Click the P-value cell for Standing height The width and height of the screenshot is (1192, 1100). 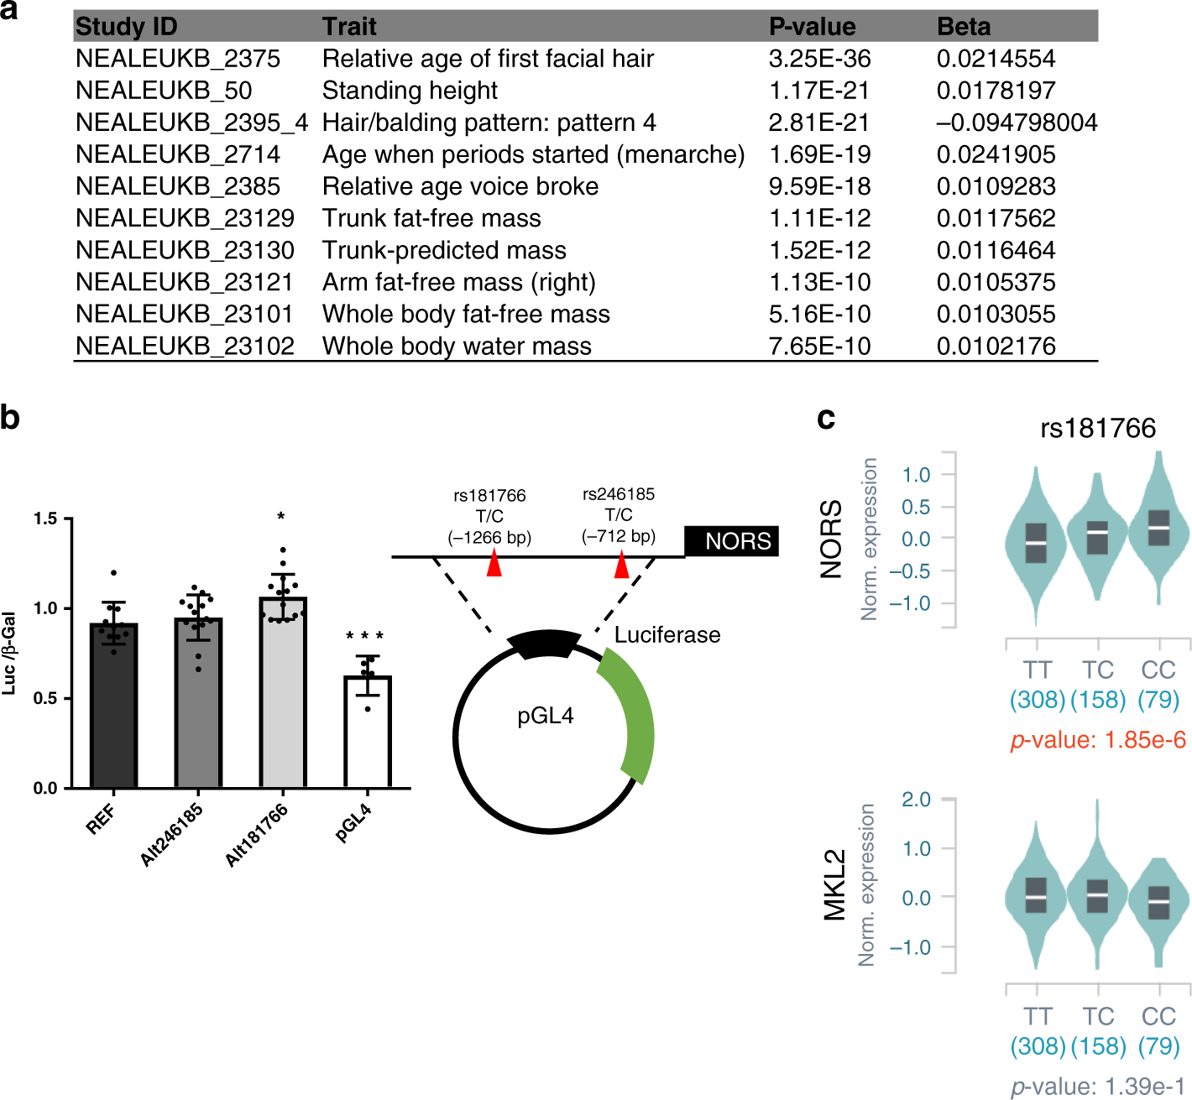point(818,91)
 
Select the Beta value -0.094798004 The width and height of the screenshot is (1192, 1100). point(1017,123)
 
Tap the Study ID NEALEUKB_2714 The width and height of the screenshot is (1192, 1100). point(178,154)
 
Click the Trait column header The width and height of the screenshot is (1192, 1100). point(349,27)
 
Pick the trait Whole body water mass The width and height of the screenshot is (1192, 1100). point(457,346)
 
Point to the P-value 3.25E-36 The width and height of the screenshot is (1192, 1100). point(819,59)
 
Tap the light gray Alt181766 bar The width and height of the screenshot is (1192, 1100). point(283,696)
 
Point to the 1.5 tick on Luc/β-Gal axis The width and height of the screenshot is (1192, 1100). point(45,519)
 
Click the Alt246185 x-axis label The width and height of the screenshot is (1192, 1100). point(172,834)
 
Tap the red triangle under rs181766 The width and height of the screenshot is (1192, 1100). point(494,564)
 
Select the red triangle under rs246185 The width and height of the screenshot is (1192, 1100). point(621,566)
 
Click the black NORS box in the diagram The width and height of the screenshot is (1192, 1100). point(731,541)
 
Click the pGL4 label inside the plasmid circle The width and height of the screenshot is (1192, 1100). point(546,716)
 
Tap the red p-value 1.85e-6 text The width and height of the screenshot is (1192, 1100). point(1098,740)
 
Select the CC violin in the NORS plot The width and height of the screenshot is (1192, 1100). point(1158,529)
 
